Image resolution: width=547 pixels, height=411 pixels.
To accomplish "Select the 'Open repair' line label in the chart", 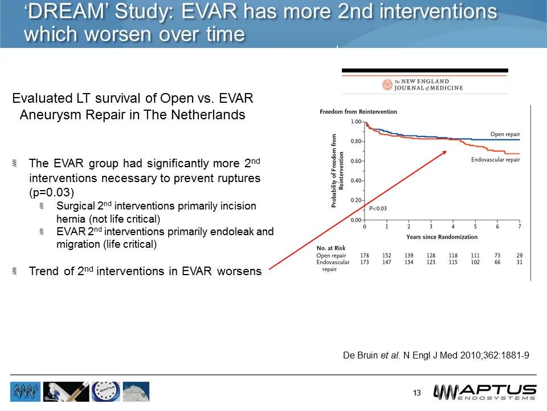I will pos(505,135).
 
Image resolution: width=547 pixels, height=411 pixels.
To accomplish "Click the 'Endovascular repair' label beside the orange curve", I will pos(495,160).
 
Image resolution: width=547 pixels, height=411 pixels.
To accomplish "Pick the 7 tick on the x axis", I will pos(519,227).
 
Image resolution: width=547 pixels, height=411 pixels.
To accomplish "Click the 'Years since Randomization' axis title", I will pos(442,236).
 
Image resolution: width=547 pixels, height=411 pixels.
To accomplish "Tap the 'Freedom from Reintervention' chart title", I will pos(358,112).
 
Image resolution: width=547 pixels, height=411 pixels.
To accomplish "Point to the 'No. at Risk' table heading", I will pos(331,248).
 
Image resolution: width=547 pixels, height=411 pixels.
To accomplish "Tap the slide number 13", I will pos(417,393).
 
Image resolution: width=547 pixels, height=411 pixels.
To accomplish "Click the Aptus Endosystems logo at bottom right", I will pos(484,392).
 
